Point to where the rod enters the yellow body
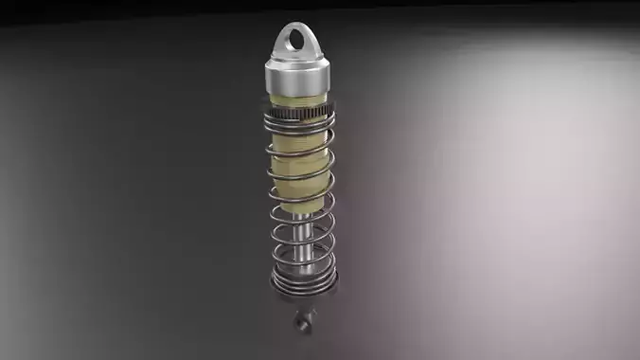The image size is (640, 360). tap(300, 215)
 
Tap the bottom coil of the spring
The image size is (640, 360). tap(302, 281)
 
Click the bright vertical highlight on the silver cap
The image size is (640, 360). tap(286, 79)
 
